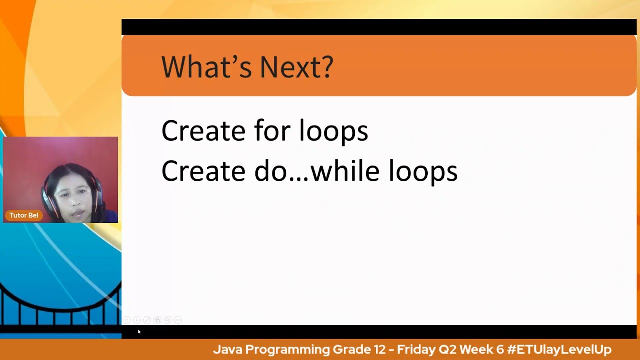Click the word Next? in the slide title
pyautogui.click(x=296, y=67)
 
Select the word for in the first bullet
pyautogui.click(x=272, y=131)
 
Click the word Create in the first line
pyautogui.click(x=203, y=131)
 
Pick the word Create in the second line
pyautogui.click(x=203, y=171)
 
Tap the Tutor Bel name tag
pyautogui.click(x=24, y=215)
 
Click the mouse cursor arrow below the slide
pyautogui.click(x=139, y=331)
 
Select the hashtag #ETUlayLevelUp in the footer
pyautogui.click(x=559, y=349)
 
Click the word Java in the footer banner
pyautogui.click(x=227, y=349)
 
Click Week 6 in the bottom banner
pyautogui.click(x=482, y=349)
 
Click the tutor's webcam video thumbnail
pyautogui.click(x=60, y=180)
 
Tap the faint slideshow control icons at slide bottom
pyautogui.click(x=152, y=320)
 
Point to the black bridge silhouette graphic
pyautogui.click(x=60, y=305)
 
